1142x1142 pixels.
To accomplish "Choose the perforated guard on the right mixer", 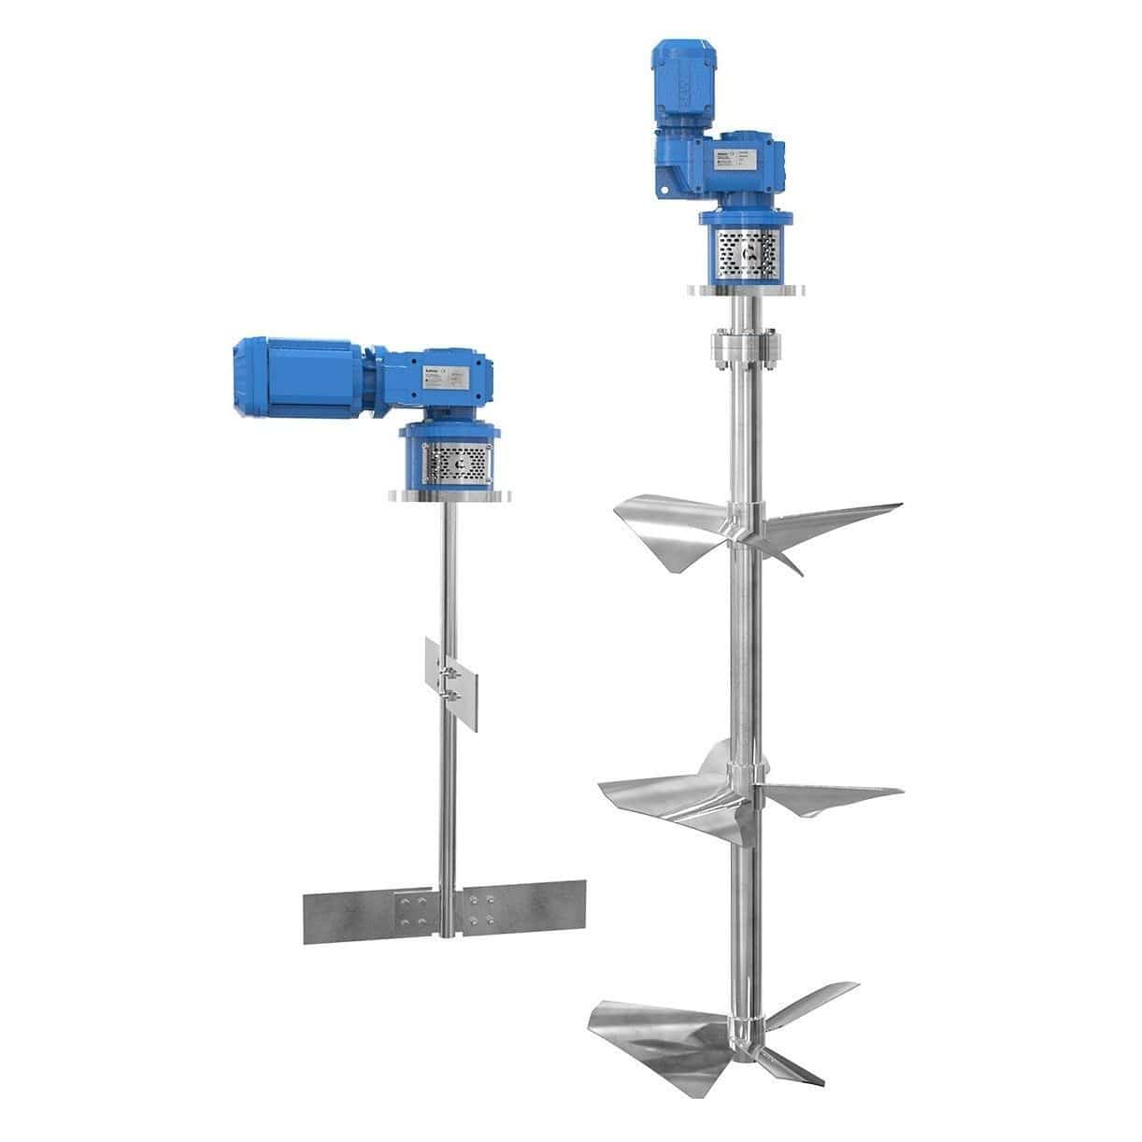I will [743, 252].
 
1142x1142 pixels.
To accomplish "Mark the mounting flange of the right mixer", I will [743, 290].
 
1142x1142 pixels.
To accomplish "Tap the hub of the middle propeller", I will [744, 776].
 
